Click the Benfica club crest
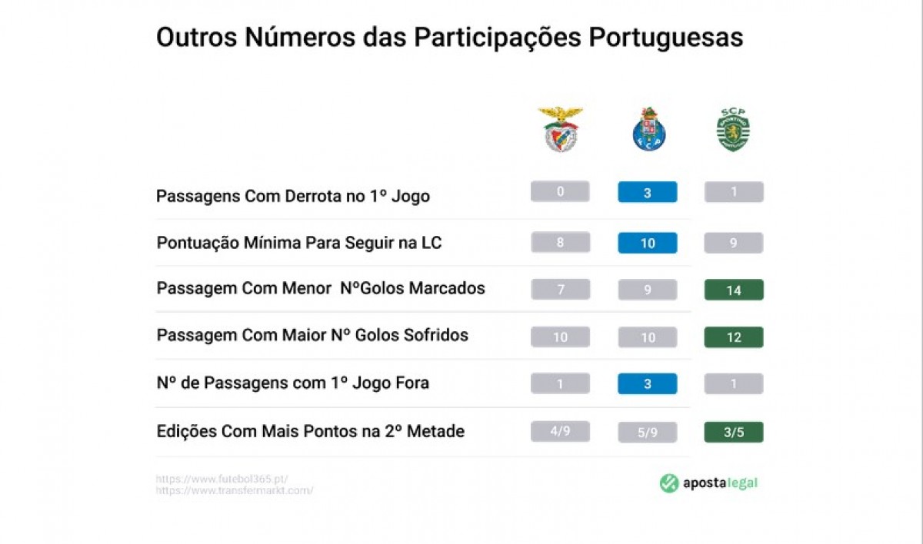561,129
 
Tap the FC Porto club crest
648,129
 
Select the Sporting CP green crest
733,129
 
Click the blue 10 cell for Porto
648,243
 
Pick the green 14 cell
734,290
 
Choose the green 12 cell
734,337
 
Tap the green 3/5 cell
734,432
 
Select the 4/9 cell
560,432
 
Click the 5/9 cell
648,433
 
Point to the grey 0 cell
560,192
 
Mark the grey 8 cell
560,243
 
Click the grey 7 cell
560,290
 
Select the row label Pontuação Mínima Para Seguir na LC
299,243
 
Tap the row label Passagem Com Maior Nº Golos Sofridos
312,336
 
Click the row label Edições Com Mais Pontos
310,431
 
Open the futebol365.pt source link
222,479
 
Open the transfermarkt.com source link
234,490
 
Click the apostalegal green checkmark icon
669,483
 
